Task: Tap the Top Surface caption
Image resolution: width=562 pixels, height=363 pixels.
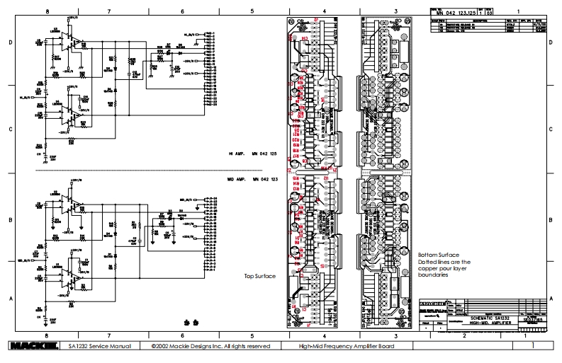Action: [259, 276]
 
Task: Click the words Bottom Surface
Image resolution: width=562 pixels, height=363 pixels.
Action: [434, 253]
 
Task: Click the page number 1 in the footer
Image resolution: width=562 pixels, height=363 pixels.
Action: [532, 347]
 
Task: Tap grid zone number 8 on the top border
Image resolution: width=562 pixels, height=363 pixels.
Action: [47, 12]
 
